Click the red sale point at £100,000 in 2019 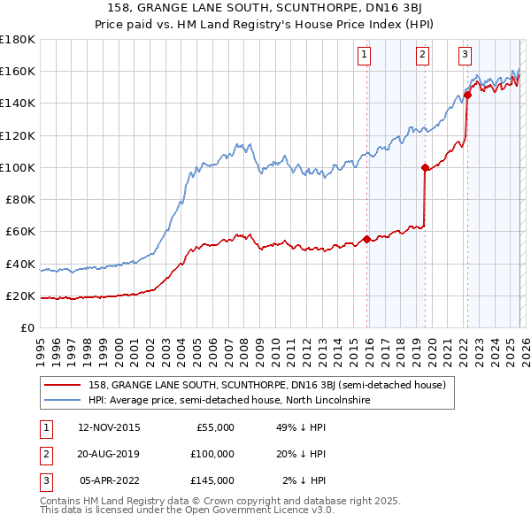(x=425, y=167)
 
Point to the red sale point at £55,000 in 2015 (x=366, y=239)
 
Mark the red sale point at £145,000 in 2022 (x=467, y=96)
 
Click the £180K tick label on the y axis (x=18, y=39)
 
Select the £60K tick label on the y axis (x=21, y=231)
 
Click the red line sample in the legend (x=62, y=385)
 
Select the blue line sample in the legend (x=62, y=400)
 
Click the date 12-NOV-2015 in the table (x=109, y=427)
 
